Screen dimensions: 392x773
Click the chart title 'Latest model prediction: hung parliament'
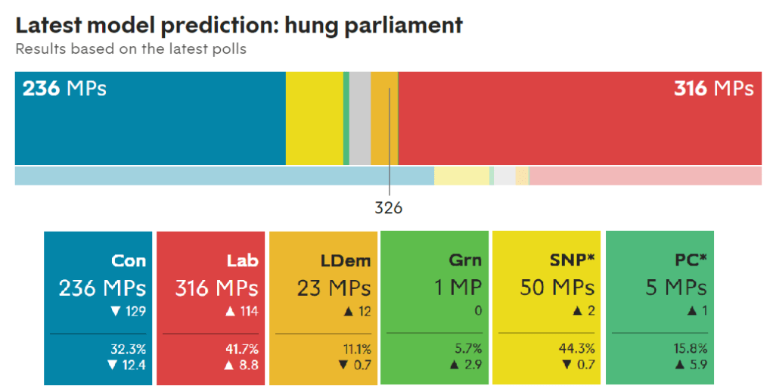click(239, 24)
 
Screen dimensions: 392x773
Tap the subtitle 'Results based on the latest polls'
click(131, 50)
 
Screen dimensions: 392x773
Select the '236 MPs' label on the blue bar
click(64, 89)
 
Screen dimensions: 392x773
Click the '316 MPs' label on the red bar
click(713, 89)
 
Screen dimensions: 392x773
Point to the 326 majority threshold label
click(389, 207)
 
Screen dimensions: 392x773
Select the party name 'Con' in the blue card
click(129, 261)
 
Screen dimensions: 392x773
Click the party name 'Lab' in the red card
click(242, 261)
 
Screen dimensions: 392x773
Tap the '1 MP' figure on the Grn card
click(457, 288)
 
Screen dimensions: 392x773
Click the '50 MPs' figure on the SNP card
click(557, 288)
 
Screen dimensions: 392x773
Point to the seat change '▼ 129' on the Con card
click(127, 311)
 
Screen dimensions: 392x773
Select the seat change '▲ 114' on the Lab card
click(240, 311)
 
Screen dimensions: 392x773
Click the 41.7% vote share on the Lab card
click(242, 349)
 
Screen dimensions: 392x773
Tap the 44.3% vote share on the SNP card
click(578, 349)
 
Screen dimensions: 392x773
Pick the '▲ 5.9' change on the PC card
click(690, 365)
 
